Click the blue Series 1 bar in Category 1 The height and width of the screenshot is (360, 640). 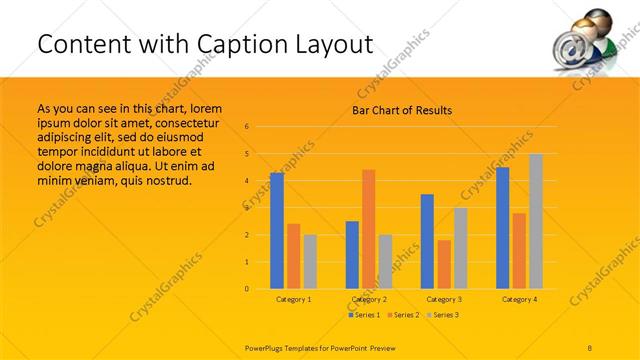(x=277, y=231)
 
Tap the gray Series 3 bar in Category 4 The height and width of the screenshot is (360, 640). (x=536, y=221)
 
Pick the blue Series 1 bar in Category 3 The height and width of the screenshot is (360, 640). (x=427, y=241)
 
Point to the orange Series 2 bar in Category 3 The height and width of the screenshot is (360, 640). (x=444, y=264)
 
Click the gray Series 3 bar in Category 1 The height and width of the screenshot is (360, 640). (x=310, y=262)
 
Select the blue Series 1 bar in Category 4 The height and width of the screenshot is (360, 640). (x=502, y=228)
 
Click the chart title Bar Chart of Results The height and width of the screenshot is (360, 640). (x=402, y=110)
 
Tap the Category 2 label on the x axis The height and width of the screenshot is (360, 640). (x=369, y=299)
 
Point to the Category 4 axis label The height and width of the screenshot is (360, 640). (x=519, y=299)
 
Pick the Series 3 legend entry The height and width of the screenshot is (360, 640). (x=443, y=315)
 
